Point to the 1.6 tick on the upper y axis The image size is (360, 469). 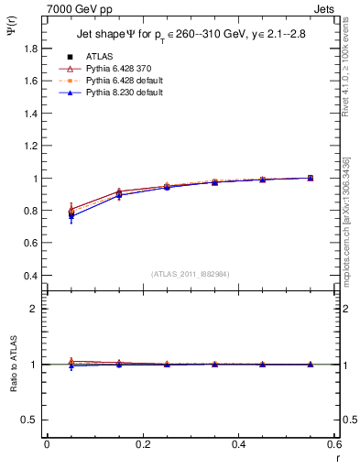pyautogui.click(x=31, y=81)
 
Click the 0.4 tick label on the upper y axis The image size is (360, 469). pyautogui.click(x=31, y=276)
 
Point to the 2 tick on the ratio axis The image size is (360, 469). pyautogui.click(x=36, y=309)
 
